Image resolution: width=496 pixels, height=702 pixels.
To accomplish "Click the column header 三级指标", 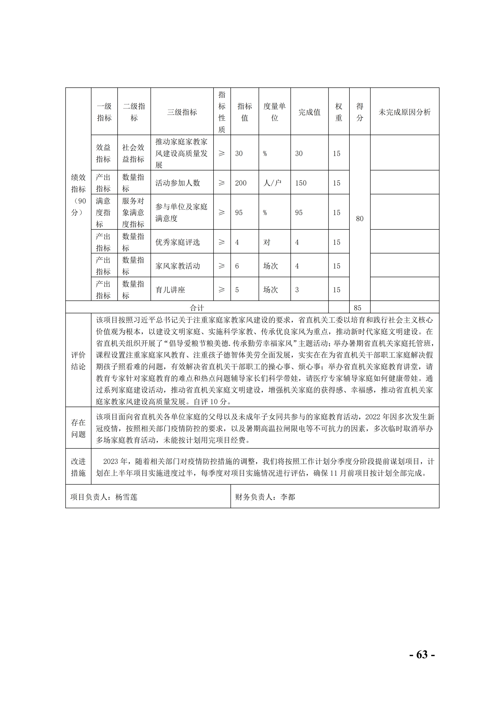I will point(182,112).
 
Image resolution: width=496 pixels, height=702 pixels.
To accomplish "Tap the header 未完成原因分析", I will point(404,112).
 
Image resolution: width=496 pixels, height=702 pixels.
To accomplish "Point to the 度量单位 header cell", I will point(274,112).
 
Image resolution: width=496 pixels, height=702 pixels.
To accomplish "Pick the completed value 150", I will point(301,183).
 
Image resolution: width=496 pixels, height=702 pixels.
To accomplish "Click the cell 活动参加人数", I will point(178,183).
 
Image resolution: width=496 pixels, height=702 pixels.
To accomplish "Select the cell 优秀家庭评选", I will point(178,242).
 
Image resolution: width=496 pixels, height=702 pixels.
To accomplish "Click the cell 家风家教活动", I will point(178,266).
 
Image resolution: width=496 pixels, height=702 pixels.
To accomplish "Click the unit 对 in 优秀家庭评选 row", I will point(267,242).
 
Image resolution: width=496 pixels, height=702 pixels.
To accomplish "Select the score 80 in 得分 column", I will point(360,219).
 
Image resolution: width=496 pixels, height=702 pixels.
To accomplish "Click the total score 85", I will point(357,308).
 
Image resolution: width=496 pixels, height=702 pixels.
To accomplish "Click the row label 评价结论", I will point(78,361).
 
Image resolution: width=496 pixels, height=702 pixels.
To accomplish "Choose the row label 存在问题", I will point(78,428).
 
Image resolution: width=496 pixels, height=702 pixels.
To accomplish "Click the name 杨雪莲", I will point(126,497).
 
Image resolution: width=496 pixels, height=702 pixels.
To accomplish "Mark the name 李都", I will point(287,497).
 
